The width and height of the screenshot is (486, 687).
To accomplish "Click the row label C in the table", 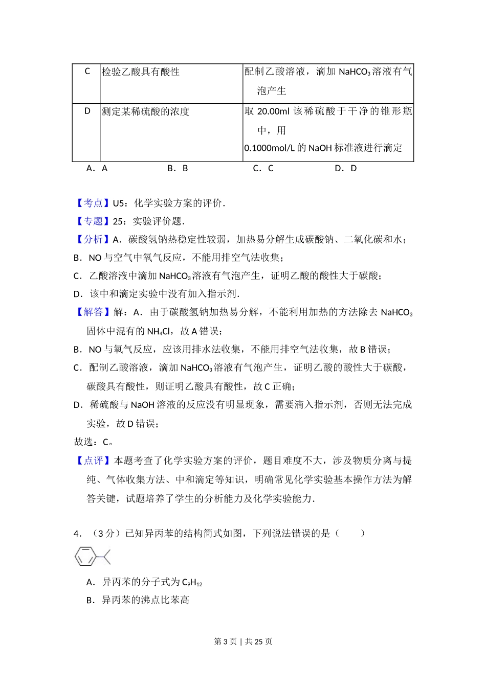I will point(87,71).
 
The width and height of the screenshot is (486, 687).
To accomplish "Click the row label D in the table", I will point(87,111).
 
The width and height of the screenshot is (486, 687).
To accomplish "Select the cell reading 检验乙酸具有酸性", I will point(141,72).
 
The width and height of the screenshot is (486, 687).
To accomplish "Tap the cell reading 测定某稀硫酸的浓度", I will point(146,111).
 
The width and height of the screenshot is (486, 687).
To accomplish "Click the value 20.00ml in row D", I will point(273,111).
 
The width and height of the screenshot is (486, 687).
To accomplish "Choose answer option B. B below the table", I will point(178,168).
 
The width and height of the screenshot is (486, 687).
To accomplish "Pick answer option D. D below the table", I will point(346,168).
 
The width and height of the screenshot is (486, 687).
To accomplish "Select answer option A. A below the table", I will point(97,168).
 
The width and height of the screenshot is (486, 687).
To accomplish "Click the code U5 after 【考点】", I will point(119,203).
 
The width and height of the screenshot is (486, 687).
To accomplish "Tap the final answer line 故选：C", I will point(94,442).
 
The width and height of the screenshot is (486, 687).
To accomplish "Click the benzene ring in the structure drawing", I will point(85,557).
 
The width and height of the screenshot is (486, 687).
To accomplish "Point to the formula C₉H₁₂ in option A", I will point(192,582).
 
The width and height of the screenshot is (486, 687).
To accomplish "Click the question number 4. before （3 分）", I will point(77,534).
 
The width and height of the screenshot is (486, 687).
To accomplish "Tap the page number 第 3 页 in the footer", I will point(225,642).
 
